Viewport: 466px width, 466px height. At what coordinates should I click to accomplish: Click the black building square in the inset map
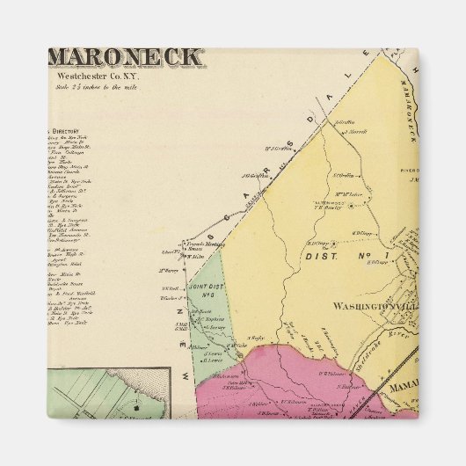pos(132,410)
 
